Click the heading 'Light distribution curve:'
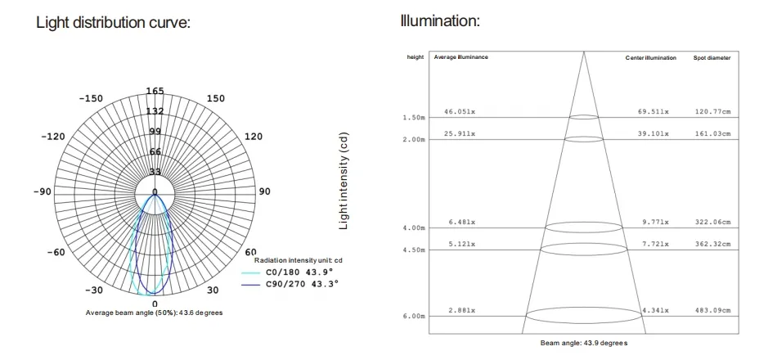(113, 22)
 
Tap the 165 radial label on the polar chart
(155, 91)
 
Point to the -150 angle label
(90, 98)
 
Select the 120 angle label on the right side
(254, 137)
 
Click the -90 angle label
(42, 191)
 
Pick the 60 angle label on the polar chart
(251, 252)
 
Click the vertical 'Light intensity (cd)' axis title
(344, 180)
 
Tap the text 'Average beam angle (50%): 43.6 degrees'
(154, 313)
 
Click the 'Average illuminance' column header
(460, 58)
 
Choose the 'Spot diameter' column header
(712, 58)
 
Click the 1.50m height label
(414, 118)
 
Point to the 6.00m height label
(414, 316)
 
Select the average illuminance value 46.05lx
(460, 110)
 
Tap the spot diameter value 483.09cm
(712, 311)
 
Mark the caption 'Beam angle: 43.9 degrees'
(583, 343)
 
